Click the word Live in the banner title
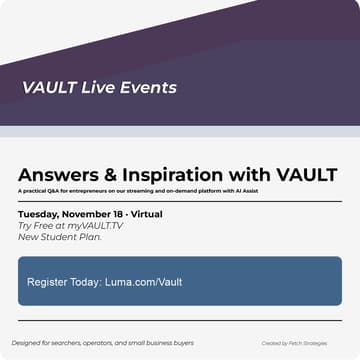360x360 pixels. point(91,88)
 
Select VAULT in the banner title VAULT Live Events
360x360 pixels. point(45,88)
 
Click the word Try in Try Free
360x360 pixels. point(25,225)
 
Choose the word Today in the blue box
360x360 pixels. point(87,282)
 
